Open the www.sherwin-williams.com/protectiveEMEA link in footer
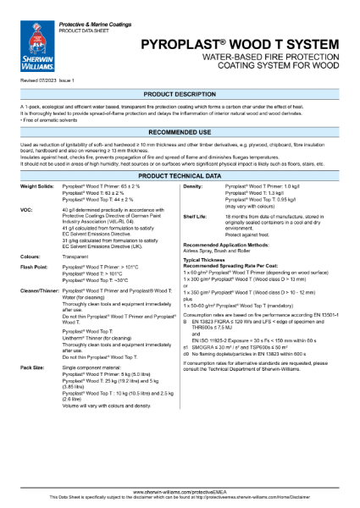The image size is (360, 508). coord(180,490)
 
